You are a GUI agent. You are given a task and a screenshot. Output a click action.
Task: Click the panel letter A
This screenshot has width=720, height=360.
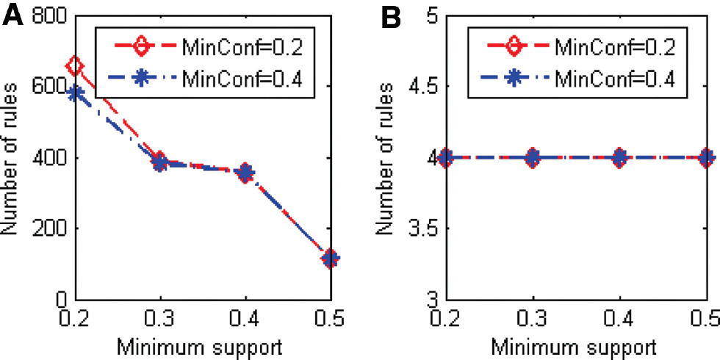coord(14,15)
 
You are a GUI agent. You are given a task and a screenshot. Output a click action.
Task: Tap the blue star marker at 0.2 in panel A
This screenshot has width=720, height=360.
coord(75,93)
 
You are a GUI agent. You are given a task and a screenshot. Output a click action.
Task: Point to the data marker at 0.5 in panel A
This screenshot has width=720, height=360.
coord(331,258)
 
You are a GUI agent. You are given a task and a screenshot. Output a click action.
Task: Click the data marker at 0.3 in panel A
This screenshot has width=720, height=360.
coord(160,162)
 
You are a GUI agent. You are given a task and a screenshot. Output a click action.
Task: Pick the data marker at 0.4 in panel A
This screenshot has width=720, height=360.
coord(245,173)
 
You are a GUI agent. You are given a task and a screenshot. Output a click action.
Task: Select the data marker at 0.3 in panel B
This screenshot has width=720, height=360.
coord(533,157)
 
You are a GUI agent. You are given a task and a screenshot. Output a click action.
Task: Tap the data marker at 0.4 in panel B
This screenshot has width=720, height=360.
coord(619,157)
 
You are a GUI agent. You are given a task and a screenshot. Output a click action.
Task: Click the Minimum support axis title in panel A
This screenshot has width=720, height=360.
coord(203,345)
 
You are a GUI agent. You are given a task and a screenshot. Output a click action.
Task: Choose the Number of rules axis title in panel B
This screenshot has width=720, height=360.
coord(385,158)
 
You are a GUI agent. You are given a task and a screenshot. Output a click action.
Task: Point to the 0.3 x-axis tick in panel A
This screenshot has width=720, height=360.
coord(160,319)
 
